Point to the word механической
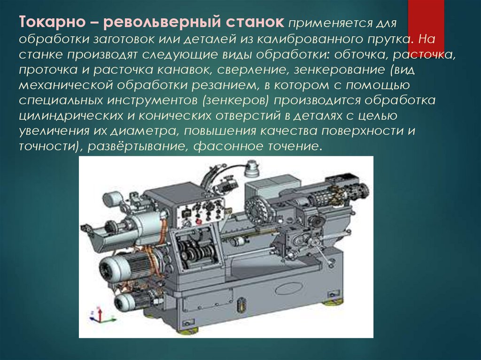click(x=66, y=85)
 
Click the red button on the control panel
click(x=198, y=221)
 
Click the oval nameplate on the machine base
click(x=289, y=289)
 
